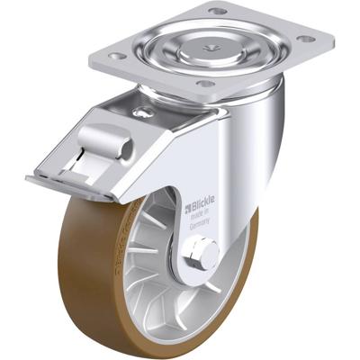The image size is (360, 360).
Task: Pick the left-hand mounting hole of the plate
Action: point(116,56)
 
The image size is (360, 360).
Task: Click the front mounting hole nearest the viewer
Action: point(206,84)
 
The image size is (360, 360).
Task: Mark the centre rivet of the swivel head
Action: point(209,40)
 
